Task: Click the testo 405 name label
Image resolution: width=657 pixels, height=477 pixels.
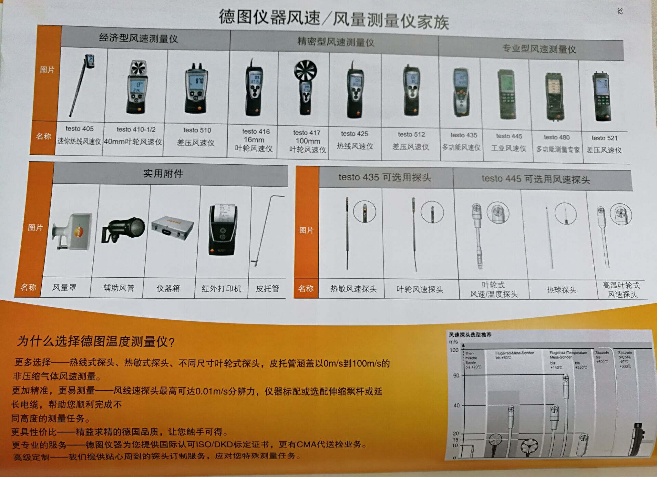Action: coord(79,129)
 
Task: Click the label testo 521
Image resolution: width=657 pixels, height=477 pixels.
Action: coord(604,138)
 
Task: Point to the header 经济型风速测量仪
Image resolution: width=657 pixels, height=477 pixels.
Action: coord(138,38)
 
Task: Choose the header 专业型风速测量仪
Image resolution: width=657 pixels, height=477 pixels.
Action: coord(539,49)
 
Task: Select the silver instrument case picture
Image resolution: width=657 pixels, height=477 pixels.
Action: coord(172,227)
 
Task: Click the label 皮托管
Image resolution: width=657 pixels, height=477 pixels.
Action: coord(267,289)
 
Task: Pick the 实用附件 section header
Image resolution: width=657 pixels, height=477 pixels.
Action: coord(163,174)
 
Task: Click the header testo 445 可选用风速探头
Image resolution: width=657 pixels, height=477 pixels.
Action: coord(536,179)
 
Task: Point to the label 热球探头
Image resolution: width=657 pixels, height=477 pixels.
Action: coord(561,290)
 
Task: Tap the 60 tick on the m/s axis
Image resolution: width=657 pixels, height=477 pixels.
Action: coord(456,376)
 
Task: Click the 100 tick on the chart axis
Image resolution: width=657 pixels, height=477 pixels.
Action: coord(454,350)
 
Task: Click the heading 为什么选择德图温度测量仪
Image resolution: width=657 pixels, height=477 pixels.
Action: coord(96,341)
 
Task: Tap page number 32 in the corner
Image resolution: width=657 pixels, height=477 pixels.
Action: coord(619,11)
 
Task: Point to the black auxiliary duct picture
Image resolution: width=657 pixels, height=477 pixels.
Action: coord(123,229)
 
